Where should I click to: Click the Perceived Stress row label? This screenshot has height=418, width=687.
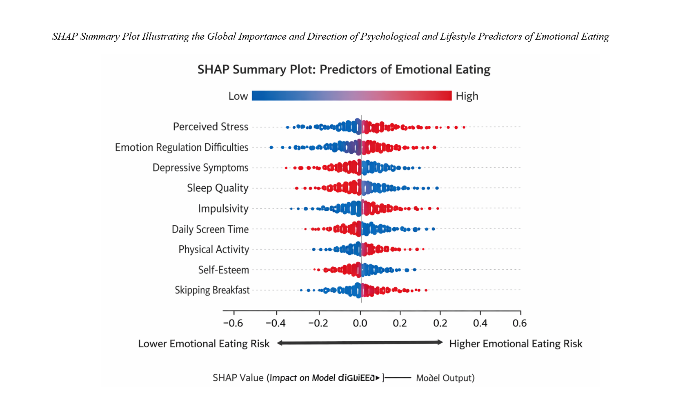point(210,127)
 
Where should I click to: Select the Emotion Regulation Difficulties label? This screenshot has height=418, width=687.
point(181,147)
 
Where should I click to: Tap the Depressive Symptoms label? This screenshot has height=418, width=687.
point(200,168)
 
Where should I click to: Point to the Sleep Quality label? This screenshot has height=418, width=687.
point(218,188)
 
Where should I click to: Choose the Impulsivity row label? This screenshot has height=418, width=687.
point(223,208)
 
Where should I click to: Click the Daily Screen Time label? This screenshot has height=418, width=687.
point(210,229)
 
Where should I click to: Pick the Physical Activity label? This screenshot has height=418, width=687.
point(213,249)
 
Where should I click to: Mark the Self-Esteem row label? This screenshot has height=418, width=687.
point(223,270)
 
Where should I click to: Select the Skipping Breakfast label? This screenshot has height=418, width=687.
point(212,290)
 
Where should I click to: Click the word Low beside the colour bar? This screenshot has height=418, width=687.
point(238,96)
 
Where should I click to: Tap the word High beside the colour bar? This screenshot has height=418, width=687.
point(467,96)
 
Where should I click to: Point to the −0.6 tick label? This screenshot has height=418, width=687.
point(233,323)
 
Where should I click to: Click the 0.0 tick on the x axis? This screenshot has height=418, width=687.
point(360,323)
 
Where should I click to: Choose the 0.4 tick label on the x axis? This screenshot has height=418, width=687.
point(480,323)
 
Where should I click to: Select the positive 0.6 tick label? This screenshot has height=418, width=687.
point(520,323)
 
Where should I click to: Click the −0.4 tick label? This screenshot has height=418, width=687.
point(276,323)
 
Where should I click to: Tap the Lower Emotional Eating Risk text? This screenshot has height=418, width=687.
point(204,344)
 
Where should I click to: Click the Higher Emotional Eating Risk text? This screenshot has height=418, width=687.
point(516,344)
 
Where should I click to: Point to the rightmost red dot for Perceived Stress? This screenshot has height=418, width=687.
point(464,127)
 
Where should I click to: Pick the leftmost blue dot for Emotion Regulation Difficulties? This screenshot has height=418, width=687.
point(271,147)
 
